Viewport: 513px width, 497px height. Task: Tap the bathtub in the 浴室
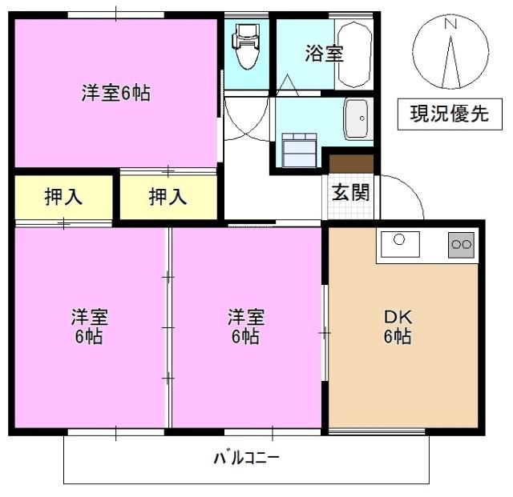(353, 54)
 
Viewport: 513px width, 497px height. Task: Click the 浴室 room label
(324, 54)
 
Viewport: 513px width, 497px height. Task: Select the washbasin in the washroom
(355, 118)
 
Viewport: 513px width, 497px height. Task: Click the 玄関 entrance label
(351, 192)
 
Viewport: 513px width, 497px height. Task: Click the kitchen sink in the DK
(400, 243)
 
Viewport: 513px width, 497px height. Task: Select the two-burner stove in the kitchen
(461, 244)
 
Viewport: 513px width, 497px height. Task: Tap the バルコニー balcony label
(246, 459)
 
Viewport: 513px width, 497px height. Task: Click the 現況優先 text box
(449, 114)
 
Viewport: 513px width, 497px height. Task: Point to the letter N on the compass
(450, 25)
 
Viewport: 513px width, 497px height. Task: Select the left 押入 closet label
(64, 197)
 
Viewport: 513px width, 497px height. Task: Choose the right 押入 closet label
(168, 197)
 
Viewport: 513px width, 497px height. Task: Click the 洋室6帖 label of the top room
(116, 93)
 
